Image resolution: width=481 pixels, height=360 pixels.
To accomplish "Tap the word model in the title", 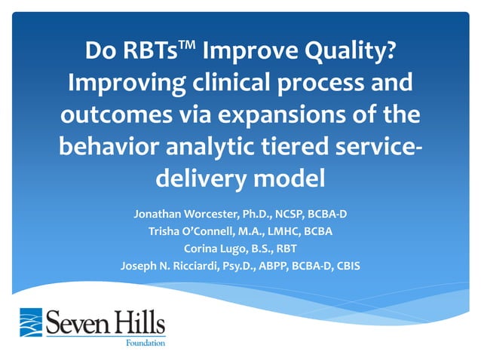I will (x=286, y=178).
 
